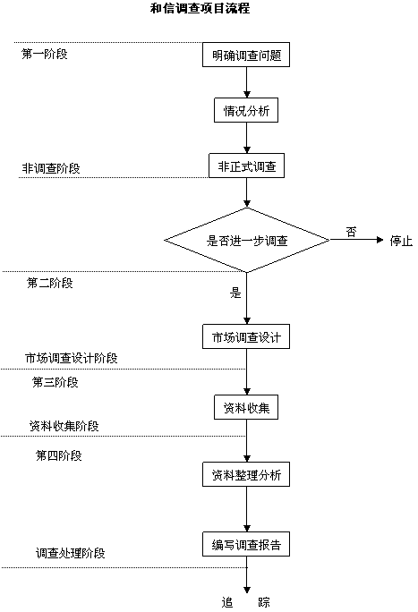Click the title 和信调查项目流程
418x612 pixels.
(x=200, y=8)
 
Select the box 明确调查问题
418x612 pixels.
(x=246, y=55)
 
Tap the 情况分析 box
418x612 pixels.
(x=246, y=110)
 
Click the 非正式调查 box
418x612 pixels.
(x=246, y=166)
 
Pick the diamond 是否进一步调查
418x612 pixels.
(x=247, y=240)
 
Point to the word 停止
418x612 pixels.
(x=401, y=241)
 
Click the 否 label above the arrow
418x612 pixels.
(x=351, y=232)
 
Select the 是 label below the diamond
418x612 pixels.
(x=235, y=293)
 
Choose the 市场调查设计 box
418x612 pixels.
(x=246, y=336)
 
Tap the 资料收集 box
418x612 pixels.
(x=246, y=407)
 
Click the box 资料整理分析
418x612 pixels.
(x=246, y=474)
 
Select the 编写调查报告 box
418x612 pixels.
(x=246, y=544)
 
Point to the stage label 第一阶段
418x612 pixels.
(x=44, y=54)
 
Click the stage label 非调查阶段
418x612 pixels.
(x=51, y=168)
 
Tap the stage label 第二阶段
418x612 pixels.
(x=49, y=283)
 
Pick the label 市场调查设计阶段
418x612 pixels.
(x=71, y=358)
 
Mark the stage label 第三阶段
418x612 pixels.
(x=55, y=382)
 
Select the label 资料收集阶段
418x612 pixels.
(x=64, y=425)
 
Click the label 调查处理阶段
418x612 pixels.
(x=70, y=553)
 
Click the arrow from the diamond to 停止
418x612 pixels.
(x=357, y=240)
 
